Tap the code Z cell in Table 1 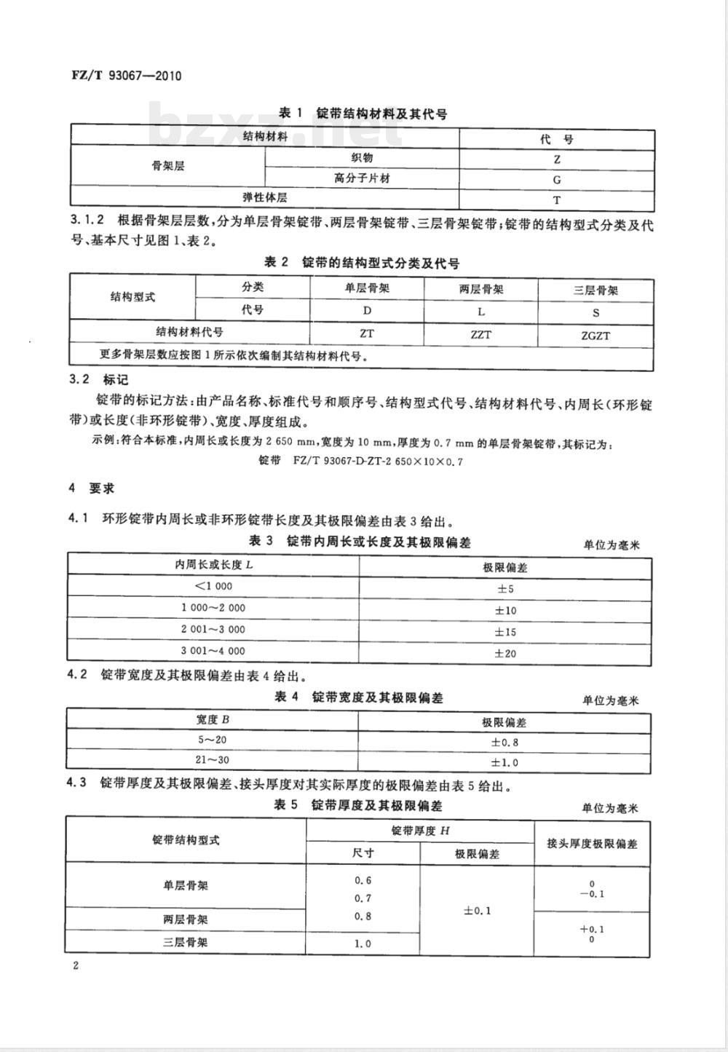pos(557,159)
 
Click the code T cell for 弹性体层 pos(557,199)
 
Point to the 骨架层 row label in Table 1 pos(167,166)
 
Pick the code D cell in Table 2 pos(368,311)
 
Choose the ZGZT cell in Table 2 pos(596,336)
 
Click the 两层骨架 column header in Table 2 pos(481,289)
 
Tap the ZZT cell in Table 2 pos(481,335)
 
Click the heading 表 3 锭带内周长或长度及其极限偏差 pos(360,541)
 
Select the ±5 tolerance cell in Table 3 pos(505,589)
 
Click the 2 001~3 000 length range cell pos(213,630)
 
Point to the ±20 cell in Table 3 pos(505,654)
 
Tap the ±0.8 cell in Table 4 pos(505,743)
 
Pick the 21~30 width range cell pos(213,761)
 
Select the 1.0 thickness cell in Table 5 pos(363,944)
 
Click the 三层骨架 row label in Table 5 pos(186,942)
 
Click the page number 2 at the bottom pos(75,966)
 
